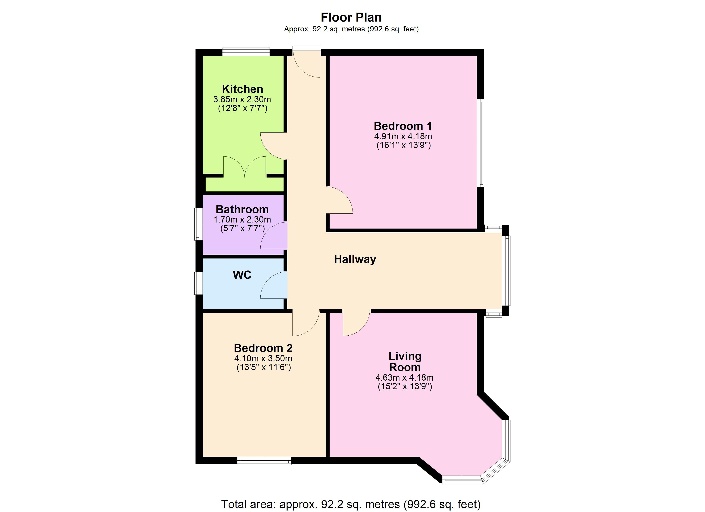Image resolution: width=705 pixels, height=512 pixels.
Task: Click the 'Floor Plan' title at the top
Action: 351,17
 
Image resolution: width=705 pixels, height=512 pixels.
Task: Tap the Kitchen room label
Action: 242,89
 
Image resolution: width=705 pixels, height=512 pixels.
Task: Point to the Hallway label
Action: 355,259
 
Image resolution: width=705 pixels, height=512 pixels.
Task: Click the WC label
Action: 242,275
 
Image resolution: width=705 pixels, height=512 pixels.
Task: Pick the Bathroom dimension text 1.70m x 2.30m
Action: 242,220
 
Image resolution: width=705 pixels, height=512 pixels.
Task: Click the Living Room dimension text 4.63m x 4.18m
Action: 404,378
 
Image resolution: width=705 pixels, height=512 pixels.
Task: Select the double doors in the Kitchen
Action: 245,167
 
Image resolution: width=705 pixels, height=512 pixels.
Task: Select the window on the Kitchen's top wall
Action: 246,52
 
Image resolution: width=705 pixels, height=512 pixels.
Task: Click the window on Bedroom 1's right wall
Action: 481,143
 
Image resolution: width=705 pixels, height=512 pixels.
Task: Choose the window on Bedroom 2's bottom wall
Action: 264,461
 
